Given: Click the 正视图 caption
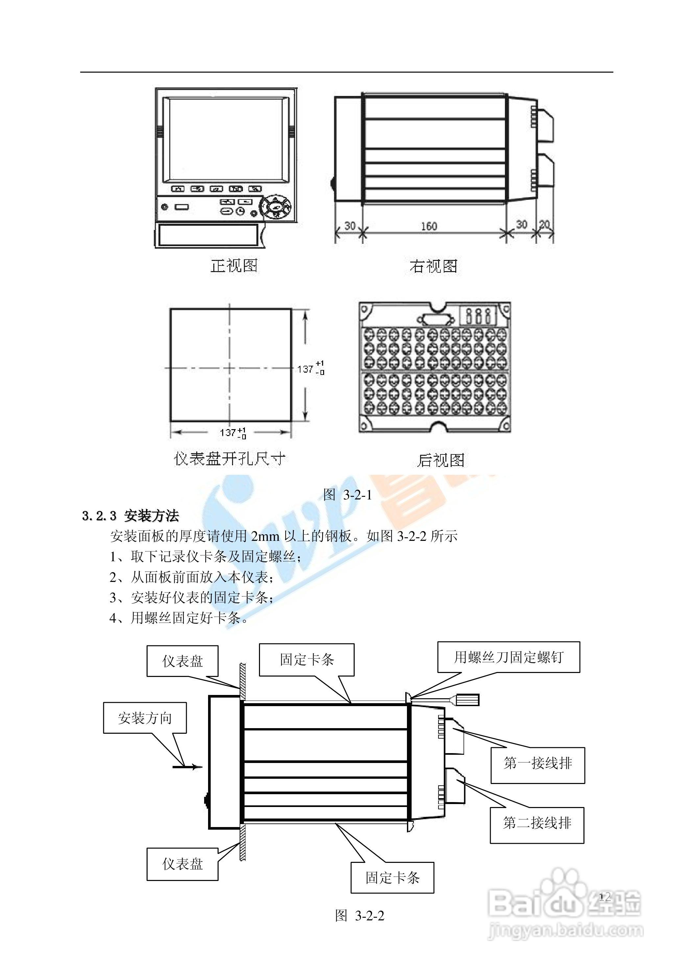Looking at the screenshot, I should click(234, 266).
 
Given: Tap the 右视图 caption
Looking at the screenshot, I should click(434, 266).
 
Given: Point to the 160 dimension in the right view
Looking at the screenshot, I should click(429, 226).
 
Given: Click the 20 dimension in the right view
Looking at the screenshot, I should click(545, 225).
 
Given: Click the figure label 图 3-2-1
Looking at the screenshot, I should click(347, 495).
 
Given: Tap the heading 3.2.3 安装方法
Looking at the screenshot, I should click(130, 516).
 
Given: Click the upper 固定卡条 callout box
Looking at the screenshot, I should click(307, 659).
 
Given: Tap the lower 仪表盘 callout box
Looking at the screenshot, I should click(182, 864).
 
